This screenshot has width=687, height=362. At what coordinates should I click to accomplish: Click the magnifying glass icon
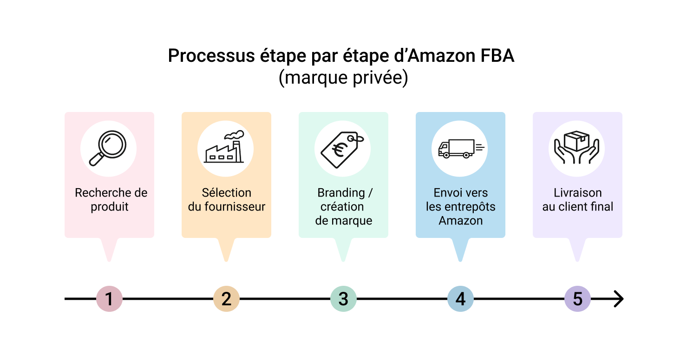tap(109, 148)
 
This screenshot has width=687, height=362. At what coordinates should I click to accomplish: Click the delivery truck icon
tap(460, 148)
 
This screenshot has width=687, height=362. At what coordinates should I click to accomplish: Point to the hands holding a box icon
tap(577, 148)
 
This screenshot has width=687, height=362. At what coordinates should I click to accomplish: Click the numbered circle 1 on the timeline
tap(109, 299)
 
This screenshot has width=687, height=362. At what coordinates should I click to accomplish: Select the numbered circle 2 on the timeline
tap(226, 299)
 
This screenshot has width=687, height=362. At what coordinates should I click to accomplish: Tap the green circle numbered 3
tap(343, 299)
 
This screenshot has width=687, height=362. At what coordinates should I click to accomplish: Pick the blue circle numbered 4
tap(460, 299)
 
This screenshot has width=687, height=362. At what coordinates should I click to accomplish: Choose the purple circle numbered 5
tap(577, 299)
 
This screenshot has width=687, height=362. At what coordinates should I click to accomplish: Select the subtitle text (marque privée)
tap(343, 78)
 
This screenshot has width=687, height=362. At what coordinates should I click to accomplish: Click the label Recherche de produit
tap(111, 200)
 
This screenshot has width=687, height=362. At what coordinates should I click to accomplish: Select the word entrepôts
tap(469, 207)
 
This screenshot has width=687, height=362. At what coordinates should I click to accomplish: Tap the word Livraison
tap(577, 193)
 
